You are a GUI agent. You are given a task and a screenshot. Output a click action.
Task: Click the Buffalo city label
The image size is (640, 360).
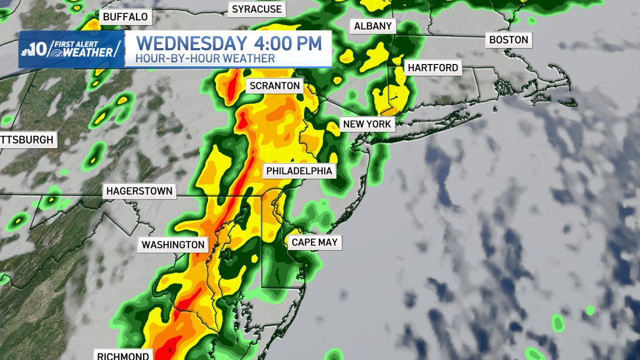125,17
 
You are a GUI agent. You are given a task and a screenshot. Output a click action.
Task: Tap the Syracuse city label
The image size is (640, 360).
256,9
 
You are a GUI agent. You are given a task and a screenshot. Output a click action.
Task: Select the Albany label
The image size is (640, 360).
373,26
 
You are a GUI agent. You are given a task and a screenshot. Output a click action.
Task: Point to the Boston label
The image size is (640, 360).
508,39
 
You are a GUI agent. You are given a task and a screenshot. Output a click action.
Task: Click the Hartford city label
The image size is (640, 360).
433,68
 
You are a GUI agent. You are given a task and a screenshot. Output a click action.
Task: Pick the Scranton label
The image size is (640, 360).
275,85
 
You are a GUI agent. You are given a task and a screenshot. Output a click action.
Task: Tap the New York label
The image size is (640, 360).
367,124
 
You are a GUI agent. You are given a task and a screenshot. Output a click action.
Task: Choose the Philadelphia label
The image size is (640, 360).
300,171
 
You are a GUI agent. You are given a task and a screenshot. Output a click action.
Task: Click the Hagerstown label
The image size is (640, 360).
139,191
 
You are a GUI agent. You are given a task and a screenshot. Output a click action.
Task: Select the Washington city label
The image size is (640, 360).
173,245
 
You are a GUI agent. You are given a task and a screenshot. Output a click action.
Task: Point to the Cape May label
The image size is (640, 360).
315,243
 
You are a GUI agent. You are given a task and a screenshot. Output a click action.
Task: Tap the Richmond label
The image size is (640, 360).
123,355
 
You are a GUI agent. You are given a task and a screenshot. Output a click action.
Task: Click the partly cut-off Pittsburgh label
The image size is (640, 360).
27,140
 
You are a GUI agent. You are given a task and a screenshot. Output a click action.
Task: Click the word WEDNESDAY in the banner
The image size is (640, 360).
190,43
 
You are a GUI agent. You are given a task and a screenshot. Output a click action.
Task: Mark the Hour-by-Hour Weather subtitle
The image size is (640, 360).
205,59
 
